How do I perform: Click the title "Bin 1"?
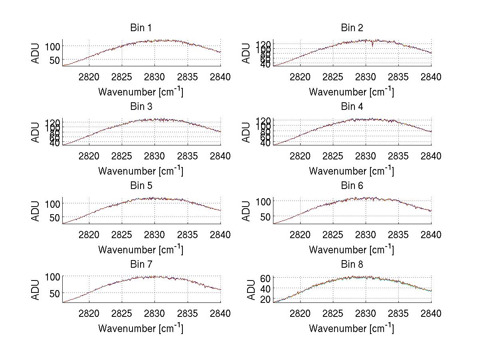141,28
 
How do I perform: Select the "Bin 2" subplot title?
352,28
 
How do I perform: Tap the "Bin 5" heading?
141,186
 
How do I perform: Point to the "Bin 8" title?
352,265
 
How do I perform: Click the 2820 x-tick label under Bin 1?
89,77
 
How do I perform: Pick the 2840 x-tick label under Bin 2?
431,77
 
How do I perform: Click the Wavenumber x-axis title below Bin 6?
352,250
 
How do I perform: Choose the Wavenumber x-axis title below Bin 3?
141,171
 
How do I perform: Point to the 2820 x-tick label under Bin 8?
300,313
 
